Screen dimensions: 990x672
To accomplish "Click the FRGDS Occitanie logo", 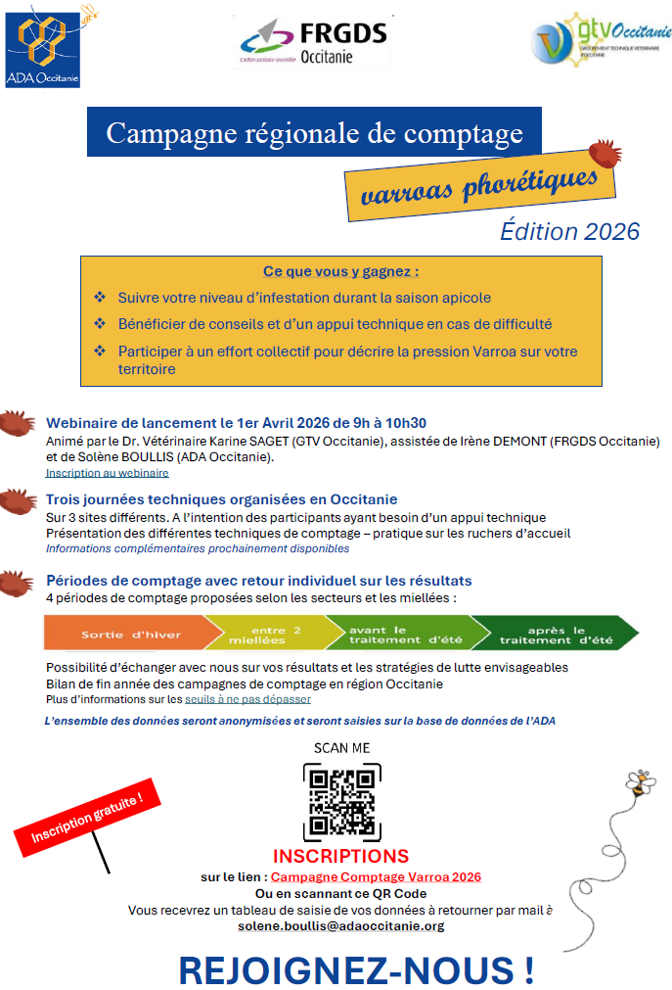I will click(312, 42).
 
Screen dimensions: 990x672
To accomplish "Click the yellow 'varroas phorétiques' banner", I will click(479, 185).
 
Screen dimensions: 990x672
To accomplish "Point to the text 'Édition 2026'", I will click(569, 231).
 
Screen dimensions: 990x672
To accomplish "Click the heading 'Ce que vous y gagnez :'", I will click(340, 271).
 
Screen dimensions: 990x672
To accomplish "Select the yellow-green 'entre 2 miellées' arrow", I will click(267, 634).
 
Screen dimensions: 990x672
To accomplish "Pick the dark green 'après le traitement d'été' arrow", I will click(554, 634).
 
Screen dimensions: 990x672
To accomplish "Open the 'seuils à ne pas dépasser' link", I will click(247, 699).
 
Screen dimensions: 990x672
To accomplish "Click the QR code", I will click(341, 802).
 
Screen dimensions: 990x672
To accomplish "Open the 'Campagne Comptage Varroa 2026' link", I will click(376, 877).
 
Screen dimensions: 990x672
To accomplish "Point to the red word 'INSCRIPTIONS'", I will click(340, 857).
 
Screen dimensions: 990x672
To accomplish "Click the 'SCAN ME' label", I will click(341, 748).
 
